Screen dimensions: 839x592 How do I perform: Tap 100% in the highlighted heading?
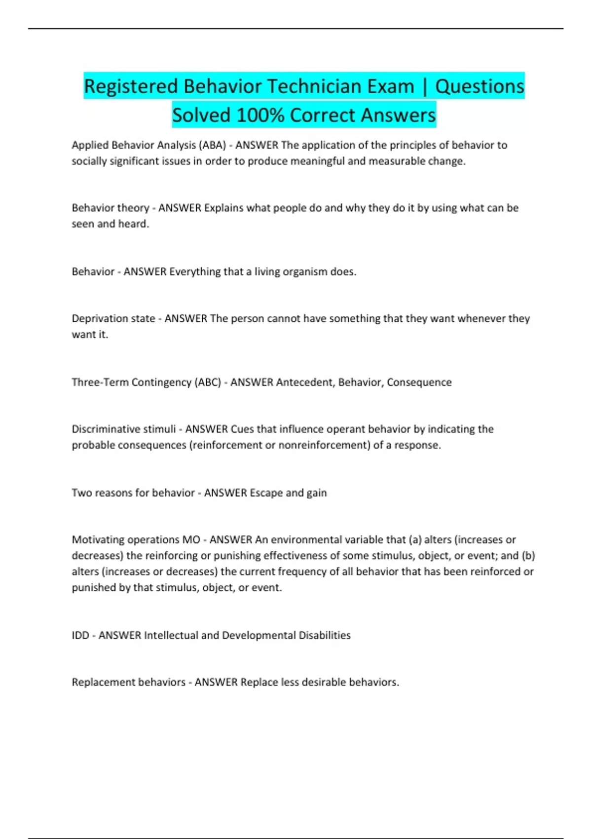260,115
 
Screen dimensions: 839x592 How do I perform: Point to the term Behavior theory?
111,208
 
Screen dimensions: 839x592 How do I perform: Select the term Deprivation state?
113,318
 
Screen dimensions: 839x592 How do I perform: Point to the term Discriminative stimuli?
124,429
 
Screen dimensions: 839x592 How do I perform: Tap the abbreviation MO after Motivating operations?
191,539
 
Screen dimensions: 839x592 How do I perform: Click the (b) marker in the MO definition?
528,555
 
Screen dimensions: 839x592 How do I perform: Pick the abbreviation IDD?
80,635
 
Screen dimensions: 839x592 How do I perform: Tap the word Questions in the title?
479,86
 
